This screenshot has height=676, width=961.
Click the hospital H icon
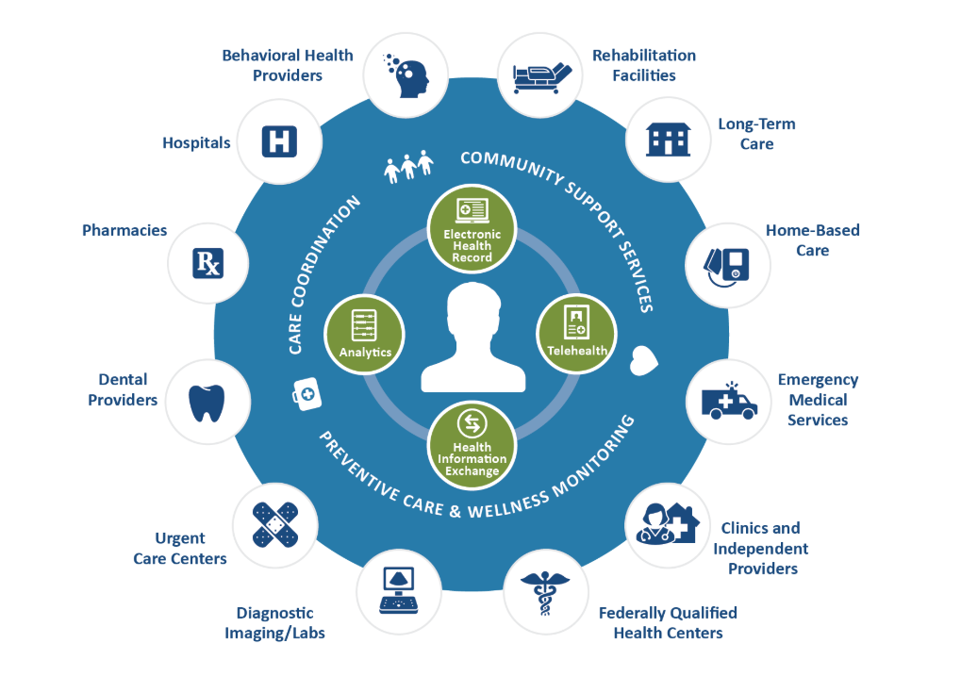278,142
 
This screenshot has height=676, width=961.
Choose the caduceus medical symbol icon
544,593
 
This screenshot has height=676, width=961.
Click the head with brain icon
406,75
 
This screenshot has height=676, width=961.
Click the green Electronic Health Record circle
472,229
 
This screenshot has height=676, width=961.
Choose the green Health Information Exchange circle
472,443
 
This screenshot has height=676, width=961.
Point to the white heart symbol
645,359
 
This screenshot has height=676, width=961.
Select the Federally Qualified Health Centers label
668,622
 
